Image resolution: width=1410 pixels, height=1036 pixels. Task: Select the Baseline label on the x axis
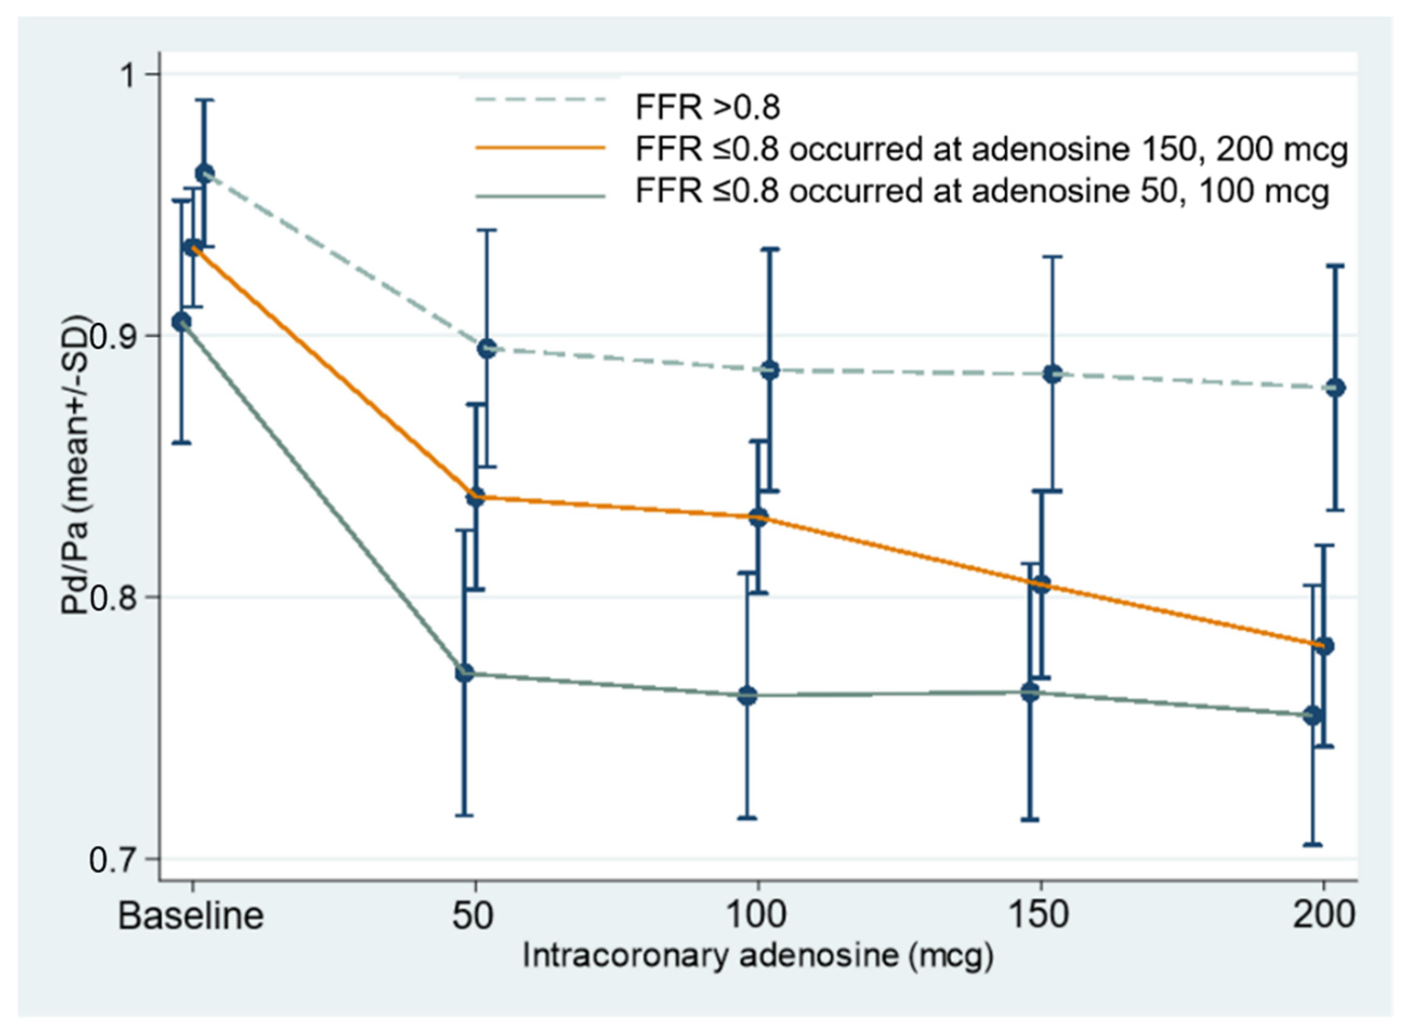(191, 916)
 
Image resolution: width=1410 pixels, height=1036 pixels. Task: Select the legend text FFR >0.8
(708, 108)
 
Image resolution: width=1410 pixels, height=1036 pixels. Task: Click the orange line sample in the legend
(541, 148)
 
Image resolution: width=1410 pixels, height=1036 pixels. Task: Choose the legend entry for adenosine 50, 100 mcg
(982, 190)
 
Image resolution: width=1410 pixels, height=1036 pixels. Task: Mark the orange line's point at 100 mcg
(759, 518)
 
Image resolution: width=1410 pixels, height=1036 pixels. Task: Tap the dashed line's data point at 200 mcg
(1336, 387)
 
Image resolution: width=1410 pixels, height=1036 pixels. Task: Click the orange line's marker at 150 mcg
(1041, 586)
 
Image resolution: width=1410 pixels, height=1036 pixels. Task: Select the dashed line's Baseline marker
(204, 174)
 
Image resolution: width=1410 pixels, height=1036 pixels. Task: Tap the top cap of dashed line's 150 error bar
(1053, 256)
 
